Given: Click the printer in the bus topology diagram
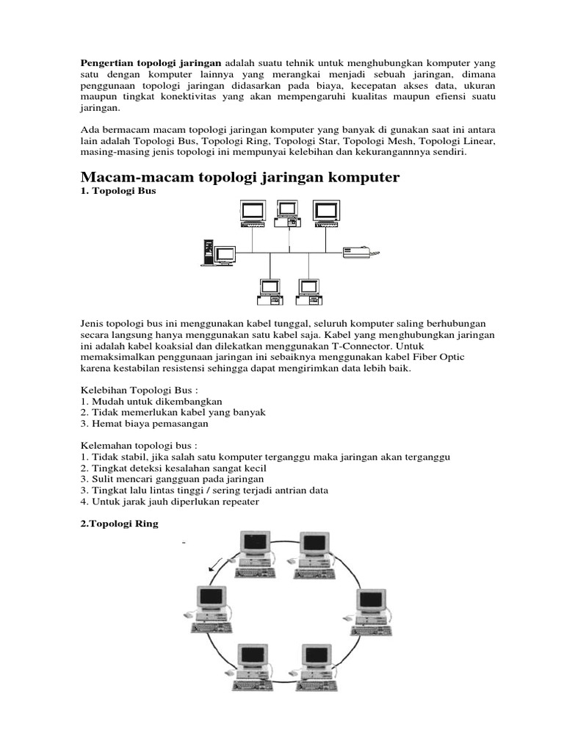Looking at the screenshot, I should [362, 252].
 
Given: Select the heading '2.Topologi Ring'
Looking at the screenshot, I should [120, 524].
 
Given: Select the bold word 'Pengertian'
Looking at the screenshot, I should [106, 62].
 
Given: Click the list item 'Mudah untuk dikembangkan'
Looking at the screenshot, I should [153, 401].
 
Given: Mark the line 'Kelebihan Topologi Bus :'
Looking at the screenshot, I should [139, 390].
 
